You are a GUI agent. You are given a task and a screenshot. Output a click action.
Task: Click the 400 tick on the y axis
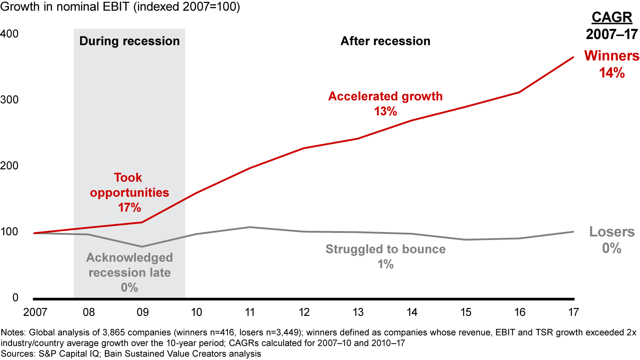pyautogui.click(x=8, y=34)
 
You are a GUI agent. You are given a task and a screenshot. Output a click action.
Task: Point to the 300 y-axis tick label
pyautogui.click(x=8, y=100)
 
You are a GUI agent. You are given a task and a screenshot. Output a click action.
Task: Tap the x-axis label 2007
pyautogui.click(x=36, y=312)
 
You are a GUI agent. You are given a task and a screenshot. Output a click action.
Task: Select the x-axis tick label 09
pyautogui.click(x=142, y=312)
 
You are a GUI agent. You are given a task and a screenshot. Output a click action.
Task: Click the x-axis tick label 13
pyautogui.click(x=358, y=312)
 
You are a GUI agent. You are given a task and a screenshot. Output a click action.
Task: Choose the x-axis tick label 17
pyautogui.click(x=574, y=312)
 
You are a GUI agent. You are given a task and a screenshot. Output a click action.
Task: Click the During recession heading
pyautogui.click(x=129, y=41)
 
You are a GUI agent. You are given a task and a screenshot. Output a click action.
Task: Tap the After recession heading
pyautogui.click(x=385, y=41)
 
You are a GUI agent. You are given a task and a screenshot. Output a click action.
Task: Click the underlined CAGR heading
pyautogui.click(x=612, y=19)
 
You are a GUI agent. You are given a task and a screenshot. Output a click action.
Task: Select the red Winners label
pyautogui.click(x=612, y=56)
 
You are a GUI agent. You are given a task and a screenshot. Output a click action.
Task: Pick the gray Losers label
pyautogui.click(x=612, y=232)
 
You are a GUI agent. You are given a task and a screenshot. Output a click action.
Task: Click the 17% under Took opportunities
pyautogui.click(x=129, y=207)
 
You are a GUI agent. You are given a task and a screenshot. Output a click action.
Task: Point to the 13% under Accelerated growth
pyautogui.click(x=385, y=111)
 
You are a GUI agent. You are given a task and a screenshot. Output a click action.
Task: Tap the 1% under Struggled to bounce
pyautogui.click(x=385, y=264)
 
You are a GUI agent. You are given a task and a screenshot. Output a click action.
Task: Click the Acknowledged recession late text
pyautogui.click(x=129, y=265)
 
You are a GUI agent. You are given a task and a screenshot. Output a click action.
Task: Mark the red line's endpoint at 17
pyautogui.click(x=574, y=57)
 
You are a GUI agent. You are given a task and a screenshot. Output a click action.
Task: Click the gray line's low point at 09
pyautogui.click(x=142, y=247)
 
